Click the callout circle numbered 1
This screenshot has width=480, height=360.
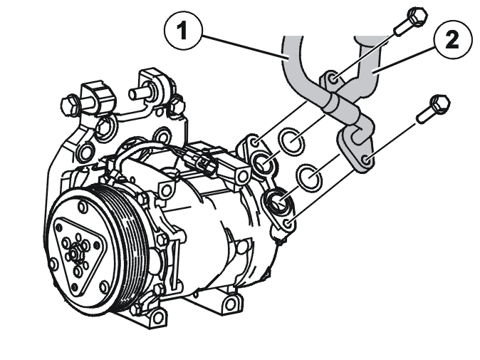tap(183, 31)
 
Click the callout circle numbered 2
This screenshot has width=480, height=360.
tap(453, 40)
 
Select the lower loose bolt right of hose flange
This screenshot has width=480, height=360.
tap(434, 109)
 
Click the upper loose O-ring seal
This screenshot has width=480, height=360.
tap(291, 141)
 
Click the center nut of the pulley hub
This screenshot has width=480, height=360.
tap(73, 254)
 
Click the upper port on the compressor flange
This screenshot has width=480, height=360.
tap(263, 162)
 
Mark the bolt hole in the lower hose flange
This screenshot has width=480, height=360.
tap(366, 160)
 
